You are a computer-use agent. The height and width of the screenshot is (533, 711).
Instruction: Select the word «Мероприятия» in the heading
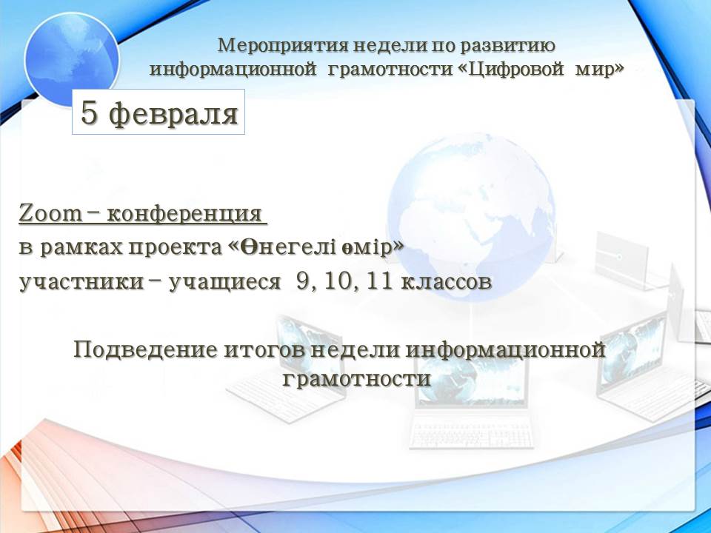point(283,45)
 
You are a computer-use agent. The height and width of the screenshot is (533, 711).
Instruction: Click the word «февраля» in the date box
point(174,114)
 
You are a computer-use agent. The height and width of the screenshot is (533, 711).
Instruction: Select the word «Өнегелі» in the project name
point(289,247)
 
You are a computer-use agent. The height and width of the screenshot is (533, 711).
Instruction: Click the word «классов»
point(447,282)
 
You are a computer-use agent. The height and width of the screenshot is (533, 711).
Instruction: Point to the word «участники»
point(81,282)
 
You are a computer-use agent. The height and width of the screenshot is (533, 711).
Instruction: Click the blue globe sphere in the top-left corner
point(72,59)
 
